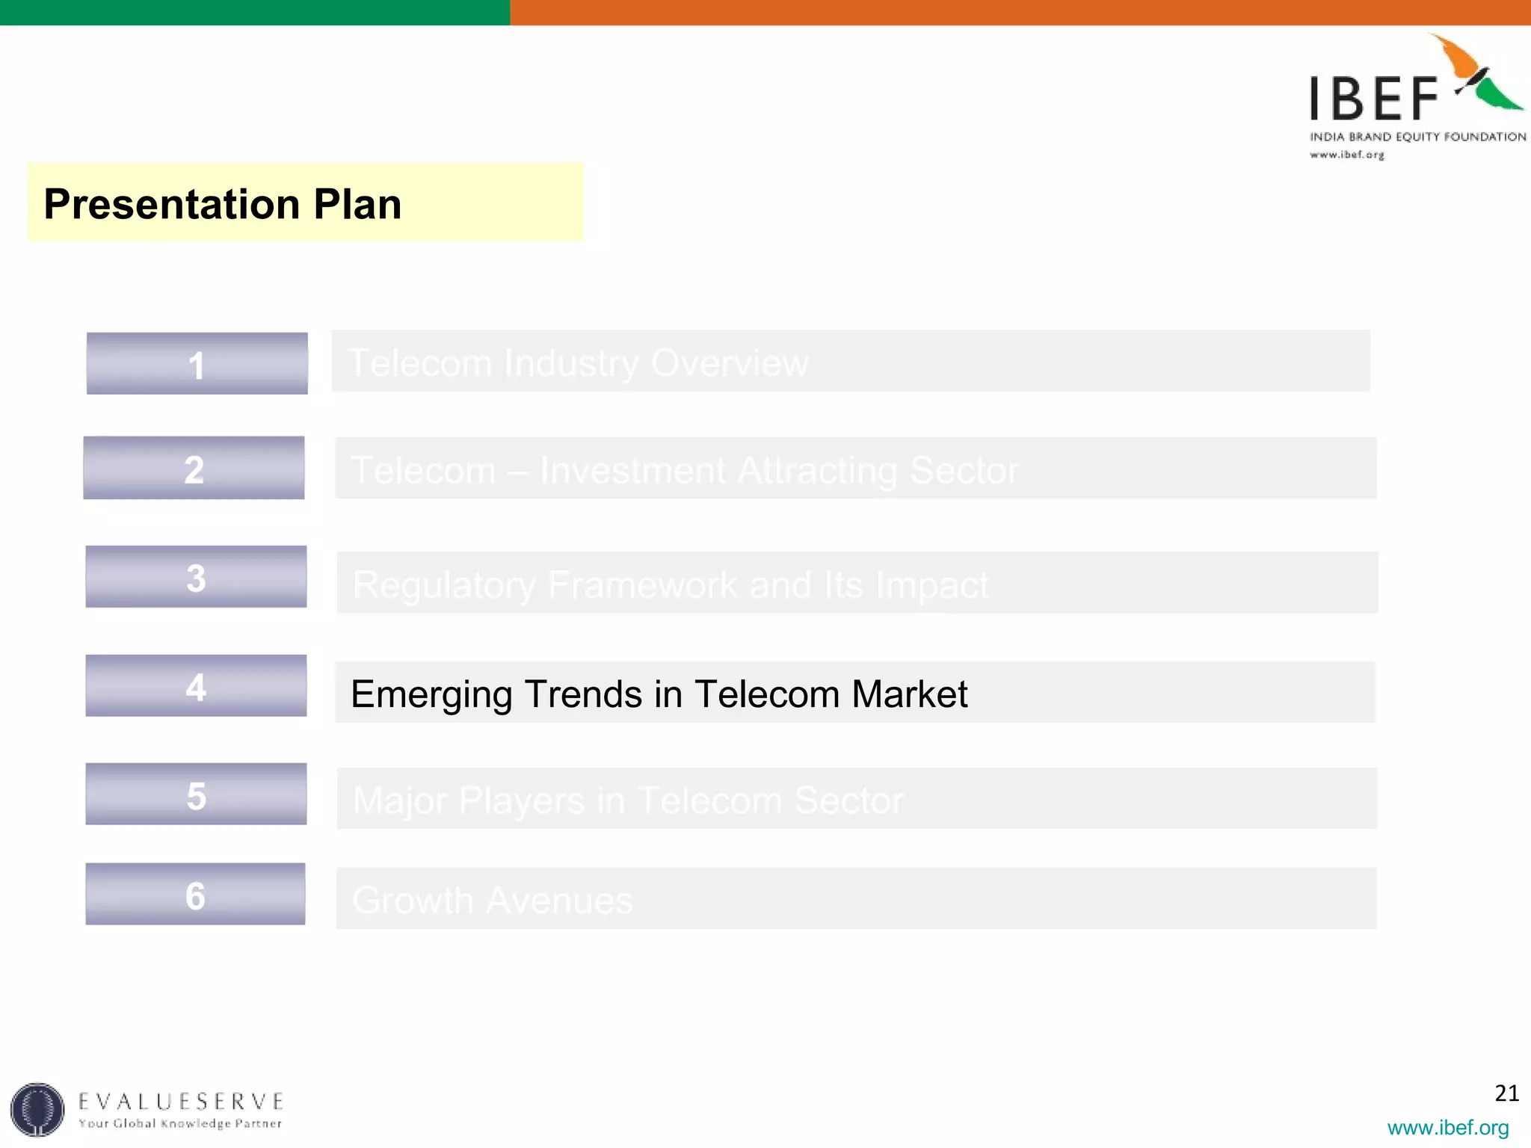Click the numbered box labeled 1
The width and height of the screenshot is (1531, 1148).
197,364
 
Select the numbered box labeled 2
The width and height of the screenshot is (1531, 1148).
194,469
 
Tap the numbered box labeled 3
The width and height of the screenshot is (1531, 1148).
196,577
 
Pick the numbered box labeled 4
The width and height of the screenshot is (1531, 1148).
196,686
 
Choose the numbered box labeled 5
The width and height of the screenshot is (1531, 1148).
196,794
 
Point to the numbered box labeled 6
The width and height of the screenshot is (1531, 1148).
195,895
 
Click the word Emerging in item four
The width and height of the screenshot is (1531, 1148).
431,694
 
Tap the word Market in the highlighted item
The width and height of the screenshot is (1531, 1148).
909,694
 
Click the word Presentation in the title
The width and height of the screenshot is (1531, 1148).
171,204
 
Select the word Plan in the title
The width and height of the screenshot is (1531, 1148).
357,204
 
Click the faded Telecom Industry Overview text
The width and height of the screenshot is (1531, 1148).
578,363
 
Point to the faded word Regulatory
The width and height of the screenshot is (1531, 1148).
444,585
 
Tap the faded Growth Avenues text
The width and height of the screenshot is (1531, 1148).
492,900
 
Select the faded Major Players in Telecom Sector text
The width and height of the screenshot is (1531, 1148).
628,800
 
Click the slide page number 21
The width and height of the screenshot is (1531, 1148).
1506,1093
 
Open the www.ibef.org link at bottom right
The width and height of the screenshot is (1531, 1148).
1447,1127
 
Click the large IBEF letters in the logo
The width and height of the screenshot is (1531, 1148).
1373,98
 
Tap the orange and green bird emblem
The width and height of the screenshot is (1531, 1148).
1479,75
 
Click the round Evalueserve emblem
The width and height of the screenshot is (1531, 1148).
37,1109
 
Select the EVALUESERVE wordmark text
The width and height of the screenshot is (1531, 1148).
181,1101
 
